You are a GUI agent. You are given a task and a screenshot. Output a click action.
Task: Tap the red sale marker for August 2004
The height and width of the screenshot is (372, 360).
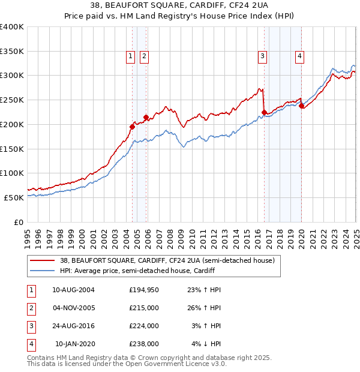click(132, 127)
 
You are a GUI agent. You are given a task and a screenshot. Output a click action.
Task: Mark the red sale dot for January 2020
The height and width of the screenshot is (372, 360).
click(301, 106)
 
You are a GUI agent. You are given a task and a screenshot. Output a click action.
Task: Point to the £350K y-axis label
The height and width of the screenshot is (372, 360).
click(12, 52)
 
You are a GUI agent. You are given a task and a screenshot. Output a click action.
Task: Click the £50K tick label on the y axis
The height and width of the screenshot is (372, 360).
click(14, 197)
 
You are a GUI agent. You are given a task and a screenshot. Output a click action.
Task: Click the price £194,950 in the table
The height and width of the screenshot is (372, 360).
click(144, 290)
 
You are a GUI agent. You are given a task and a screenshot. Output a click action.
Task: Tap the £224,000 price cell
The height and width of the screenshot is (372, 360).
click(144, 326)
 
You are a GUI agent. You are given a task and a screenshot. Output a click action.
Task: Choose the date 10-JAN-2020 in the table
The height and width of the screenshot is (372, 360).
click(75, 344)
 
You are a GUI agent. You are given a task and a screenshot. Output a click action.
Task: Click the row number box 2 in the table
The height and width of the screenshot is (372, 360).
click(29, 308)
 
